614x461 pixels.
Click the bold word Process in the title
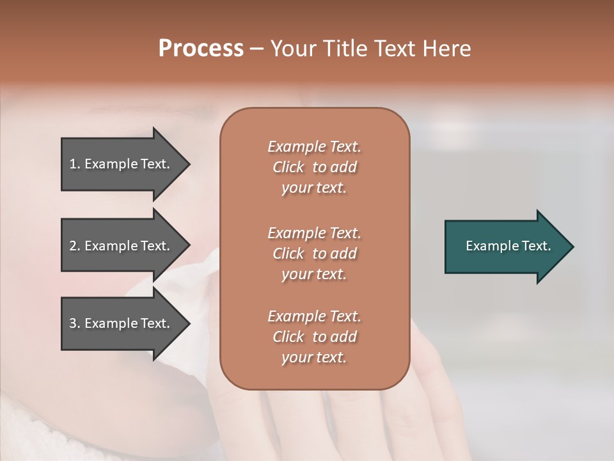click(x=201, y=48)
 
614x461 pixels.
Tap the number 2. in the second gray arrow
click(x=74, y=246)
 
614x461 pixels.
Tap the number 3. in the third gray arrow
click(x=74, y=323)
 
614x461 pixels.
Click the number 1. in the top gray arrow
click(x=74, y=164)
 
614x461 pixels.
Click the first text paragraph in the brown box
click(x=314, y=167)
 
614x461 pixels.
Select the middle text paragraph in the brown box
click(x=314, y=254)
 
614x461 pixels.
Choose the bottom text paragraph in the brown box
click(x=314, y=337)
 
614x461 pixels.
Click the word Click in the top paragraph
click(x=288, y=167)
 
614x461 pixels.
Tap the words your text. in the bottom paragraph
click(x=314, y=357)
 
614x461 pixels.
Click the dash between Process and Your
click(x=257, y=49)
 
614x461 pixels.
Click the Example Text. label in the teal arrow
click(x=508, y=246)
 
